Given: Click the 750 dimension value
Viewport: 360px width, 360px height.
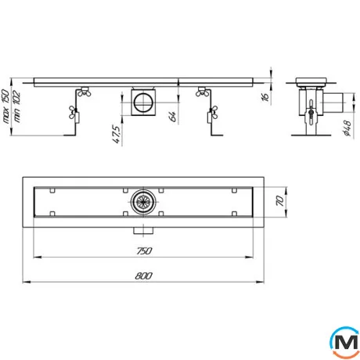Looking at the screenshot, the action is click(144, 250).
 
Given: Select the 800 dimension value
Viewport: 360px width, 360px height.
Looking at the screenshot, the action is click(144, 275).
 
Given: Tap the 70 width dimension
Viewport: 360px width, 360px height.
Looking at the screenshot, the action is click(280, 201).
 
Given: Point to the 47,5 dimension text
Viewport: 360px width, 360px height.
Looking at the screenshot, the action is click(117, 135).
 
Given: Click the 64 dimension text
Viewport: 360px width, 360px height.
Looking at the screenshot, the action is click(173, 117).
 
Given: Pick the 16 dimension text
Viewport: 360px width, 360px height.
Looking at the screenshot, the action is click(265, 96).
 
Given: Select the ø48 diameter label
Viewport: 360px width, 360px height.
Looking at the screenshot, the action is click(347, 128).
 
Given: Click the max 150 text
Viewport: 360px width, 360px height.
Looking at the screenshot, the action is click(5, 106).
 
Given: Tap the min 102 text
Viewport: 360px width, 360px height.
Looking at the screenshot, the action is click(16, 106).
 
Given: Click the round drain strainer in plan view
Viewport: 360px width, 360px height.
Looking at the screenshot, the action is click(143, 201).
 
